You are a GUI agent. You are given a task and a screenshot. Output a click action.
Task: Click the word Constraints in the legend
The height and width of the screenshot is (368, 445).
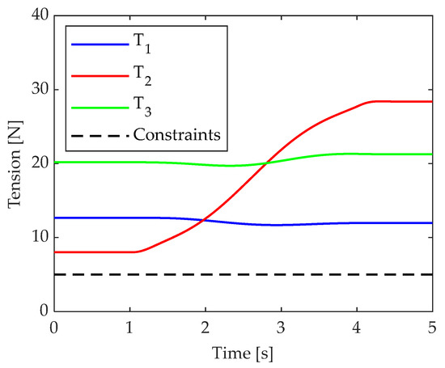tap(176, 134)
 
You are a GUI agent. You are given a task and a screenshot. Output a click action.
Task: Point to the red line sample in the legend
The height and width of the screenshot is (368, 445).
tap(96, 74)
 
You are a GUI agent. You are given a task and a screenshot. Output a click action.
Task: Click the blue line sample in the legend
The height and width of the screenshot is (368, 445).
tap(96, 44)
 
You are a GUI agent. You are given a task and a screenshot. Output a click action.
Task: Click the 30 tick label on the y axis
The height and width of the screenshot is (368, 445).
tap(38, 89)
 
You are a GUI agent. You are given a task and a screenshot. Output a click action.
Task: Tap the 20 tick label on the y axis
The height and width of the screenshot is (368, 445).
tap(38, 163)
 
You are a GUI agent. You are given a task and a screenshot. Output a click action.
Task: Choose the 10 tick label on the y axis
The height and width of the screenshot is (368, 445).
tap(38, 237)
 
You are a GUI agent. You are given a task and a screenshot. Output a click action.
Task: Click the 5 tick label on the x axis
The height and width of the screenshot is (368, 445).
tap(432, 328)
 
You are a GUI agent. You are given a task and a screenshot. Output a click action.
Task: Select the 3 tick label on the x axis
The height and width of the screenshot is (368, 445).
tap(281, 328)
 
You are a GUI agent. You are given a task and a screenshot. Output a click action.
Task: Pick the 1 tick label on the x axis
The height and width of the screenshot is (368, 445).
tap(129, 328)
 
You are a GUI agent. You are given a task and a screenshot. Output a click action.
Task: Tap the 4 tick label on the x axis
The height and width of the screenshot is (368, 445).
tap(357, 328)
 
